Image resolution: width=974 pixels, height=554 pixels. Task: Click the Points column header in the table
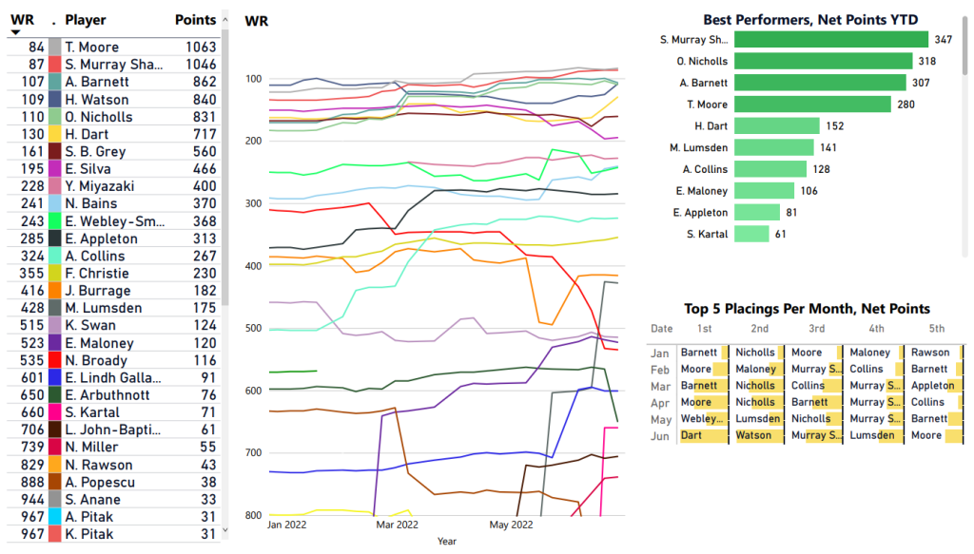[x=196, y=20]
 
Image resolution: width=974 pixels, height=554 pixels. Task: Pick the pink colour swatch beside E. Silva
[x=55, y=169]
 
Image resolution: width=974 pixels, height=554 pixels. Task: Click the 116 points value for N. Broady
[x=205, y=360]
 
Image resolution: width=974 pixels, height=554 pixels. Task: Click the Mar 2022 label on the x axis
[x=398, y=525]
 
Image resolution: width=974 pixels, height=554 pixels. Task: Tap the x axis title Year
[x=446, y=541]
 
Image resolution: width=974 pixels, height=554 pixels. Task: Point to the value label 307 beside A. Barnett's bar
[x=921, y=83]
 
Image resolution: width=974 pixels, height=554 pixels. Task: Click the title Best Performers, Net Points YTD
[x=809, y=19]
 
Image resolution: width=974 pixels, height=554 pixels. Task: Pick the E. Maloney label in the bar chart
[x=700, y=190]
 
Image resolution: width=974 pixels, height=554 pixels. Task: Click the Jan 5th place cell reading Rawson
[x=929, y=353]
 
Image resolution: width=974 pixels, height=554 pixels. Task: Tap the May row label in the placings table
[x=660, y=419]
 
